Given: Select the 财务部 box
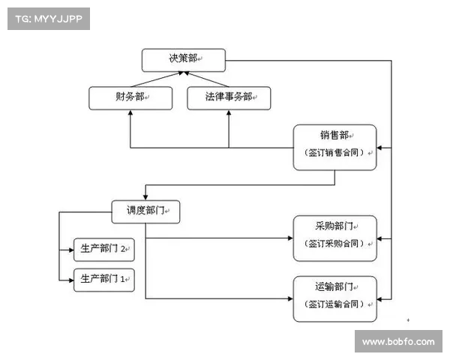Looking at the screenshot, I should (130, 97).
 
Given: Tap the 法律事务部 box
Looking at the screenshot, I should (229, 97).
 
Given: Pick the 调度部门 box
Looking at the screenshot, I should (146, 211).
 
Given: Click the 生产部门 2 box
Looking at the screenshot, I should (103, 248).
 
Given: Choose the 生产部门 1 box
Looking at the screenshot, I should (103, 279).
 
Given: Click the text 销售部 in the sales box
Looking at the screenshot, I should (334, 136).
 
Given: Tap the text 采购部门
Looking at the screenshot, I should (334, 226).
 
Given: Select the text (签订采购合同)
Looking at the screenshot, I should (334, 244).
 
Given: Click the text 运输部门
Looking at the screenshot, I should (334, 286).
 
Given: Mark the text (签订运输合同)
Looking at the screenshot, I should (334, 304).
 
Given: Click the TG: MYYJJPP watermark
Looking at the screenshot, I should (48, 19).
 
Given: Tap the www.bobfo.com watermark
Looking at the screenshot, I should (397, 341).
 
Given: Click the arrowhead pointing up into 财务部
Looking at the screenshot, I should (130, 112).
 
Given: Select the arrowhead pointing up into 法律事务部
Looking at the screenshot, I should (229, 112).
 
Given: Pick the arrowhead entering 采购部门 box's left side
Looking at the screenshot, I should (289, 238).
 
